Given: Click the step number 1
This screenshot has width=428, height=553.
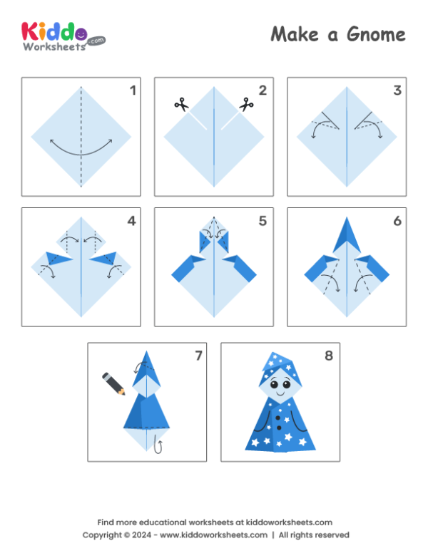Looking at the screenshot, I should [132, 91].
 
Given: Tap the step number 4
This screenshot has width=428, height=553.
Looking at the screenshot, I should [131, 222].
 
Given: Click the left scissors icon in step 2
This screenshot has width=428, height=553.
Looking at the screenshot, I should [180, 105].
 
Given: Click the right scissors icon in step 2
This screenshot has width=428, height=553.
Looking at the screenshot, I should [247, 105].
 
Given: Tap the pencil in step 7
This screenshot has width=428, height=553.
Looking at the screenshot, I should [113, 383].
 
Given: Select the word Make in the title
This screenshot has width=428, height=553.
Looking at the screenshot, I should [294, 34].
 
